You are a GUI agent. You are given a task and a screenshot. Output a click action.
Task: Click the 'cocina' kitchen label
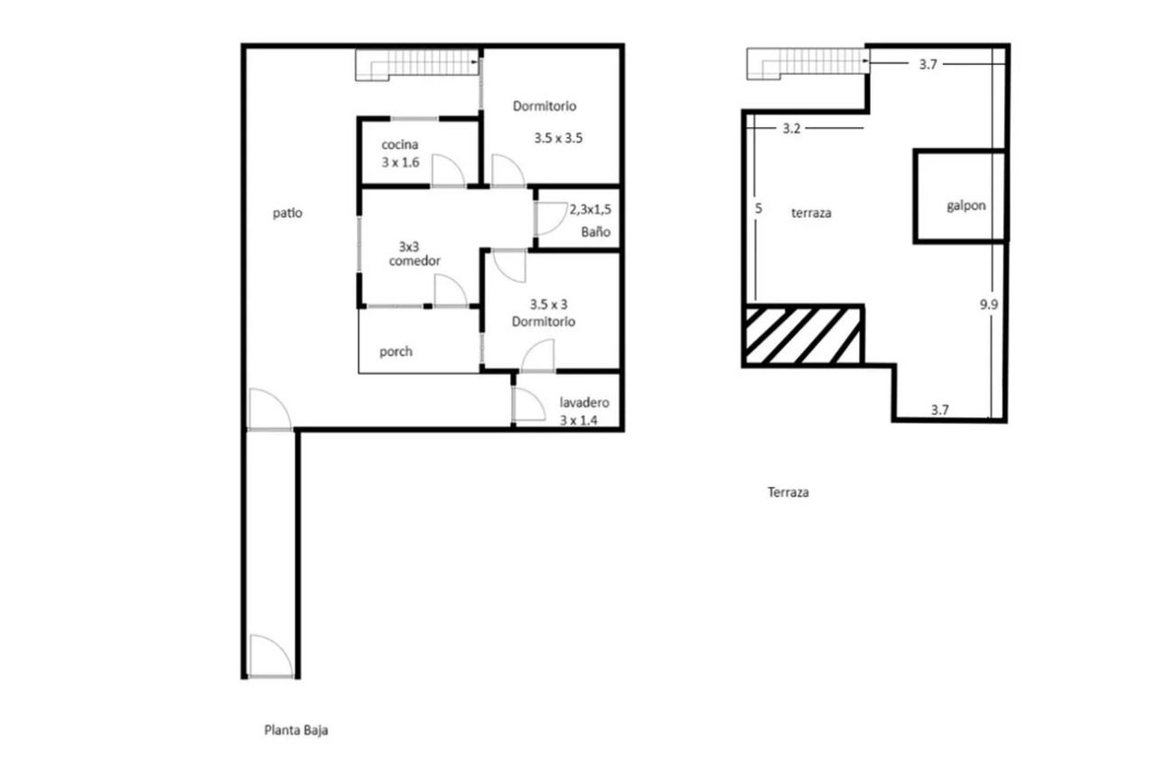tap(399, 145)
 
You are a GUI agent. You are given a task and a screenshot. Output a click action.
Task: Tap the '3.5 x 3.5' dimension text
tap(558, 138)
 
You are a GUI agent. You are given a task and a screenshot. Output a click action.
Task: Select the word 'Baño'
tap(595, 231)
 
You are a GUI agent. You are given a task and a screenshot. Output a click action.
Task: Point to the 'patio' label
tap(287, 212)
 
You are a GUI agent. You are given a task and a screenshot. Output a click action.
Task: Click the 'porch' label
tap(396, 351)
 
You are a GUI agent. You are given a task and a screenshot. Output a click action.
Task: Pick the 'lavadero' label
tap(584, 402)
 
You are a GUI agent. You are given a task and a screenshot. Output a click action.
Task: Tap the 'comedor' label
tap(415, 261)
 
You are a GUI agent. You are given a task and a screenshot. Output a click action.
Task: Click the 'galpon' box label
tap(966, 206)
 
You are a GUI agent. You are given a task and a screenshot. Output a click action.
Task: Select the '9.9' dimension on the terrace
tap(989, 304)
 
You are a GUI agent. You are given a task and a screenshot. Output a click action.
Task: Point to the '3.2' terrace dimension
tap(791, 128)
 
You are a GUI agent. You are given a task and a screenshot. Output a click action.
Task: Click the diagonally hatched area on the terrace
tap(803, 335)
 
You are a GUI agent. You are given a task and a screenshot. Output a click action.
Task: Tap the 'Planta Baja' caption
tap(295, 730)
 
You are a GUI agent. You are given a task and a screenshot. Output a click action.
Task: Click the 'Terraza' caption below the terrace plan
tap(788, 492)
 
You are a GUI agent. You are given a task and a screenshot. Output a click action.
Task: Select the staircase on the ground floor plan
tap(417, 64)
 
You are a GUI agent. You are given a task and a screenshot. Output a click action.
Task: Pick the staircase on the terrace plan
tap(807, 63)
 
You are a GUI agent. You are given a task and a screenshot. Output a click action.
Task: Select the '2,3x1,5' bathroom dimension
tap(591, 209)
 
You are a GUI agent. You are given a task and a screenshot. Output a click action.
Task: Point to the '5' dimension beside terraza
tap(758, 209)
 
